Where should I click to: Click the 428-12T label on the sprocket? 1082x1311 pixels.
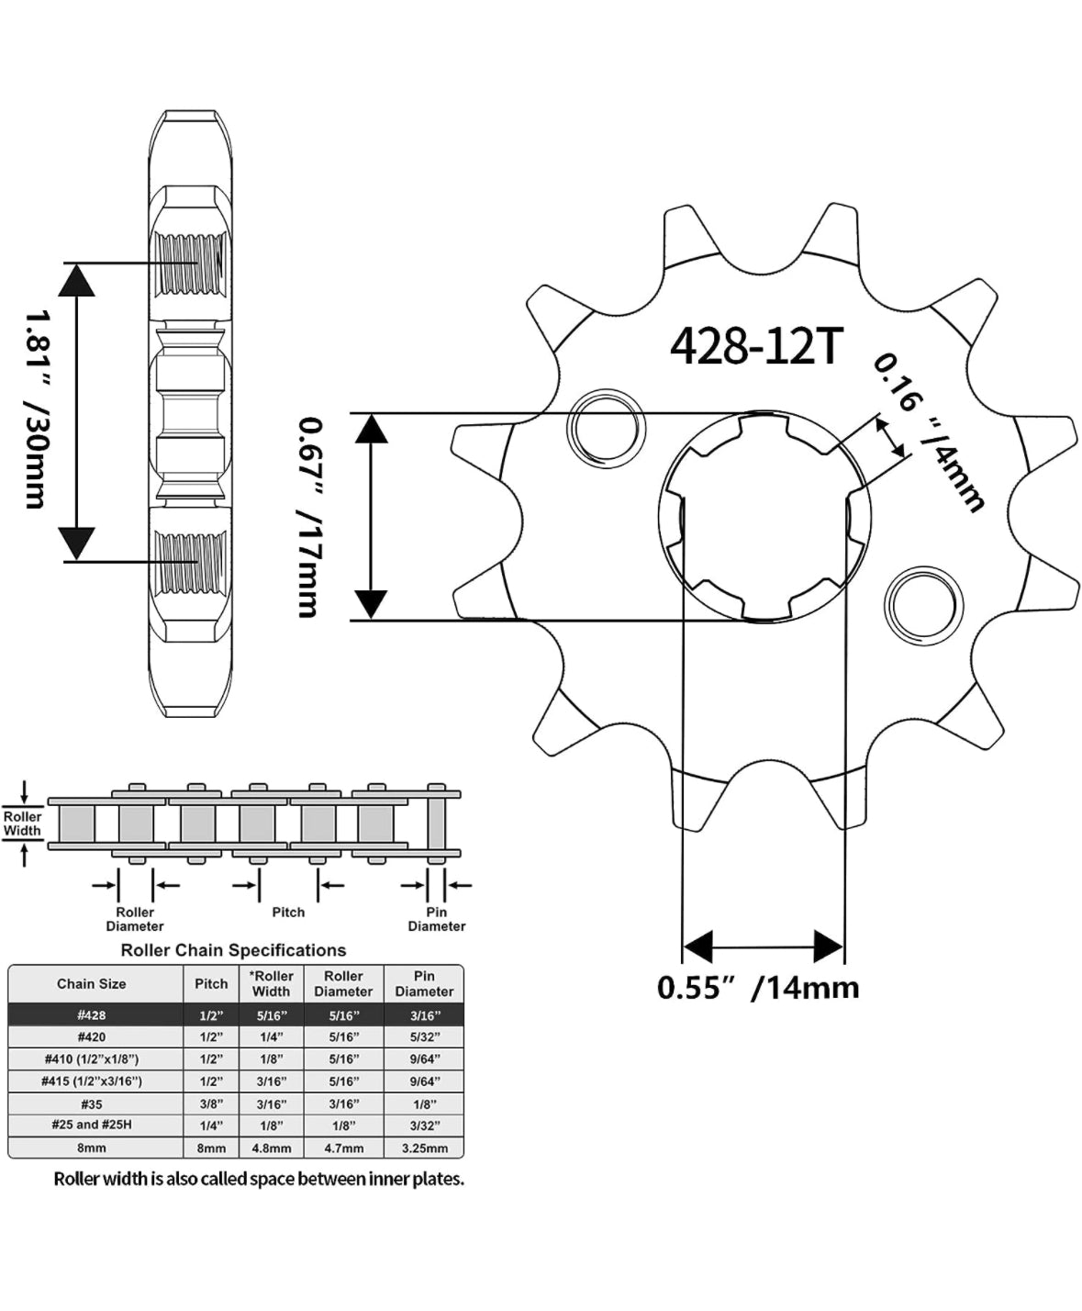pyautogui.click(x=755, y=346)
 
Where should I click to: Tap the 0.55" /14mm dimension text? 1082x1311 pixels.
pyautogui.click(x=758, y=988)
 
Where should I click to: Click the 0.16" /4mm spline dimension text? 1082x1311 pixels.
pyautogui.click(x=929, y=431)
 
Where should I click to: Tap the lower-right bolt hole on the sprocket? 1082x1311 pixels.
pyautogui.click(x=924, y=605)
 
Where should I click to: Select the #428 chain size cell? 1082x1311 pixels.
pyautogui.click(x=92, y=1015)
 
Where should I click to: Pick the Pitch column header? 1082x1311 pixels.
pyautogui.click(x=211, y=983)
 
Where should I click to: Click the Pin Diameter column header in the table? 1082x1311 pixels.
pyautogui.click(x=424, y=983)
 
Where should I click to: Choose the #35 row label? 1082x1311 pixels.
pyautogui.click(x=92, y=1104)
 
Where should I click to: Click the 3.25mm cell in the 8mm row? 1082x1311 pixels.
pyautogui.click(x=424, y=1148)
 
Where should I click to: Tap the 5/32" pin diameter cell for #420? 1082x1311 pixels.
pyautogui.click(x=424, y=1037)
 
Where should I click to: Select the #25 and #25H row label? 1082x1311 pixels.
pyautogui.click(x=92, y=1125)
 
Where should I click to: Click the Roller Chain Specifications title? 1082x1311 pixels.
pyautogui.click(x=233, y=950)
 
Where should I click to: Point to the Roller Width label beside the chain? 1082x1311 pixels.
pyautogui.click(x=23, y=824)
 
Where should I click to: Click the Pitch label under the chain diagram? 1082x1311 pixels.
pyautogui.click(x=288, y=913)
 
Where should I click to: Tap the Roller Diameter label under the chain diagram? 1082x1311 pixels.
pyautogui.click(x=135, y=919)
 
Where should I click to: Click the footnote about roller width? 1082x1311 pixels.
pyautogui.click(x=259, y=1179)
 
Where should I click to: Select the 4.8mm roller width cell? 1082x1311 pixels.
pyautogui.click(x=271, y=1148)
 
